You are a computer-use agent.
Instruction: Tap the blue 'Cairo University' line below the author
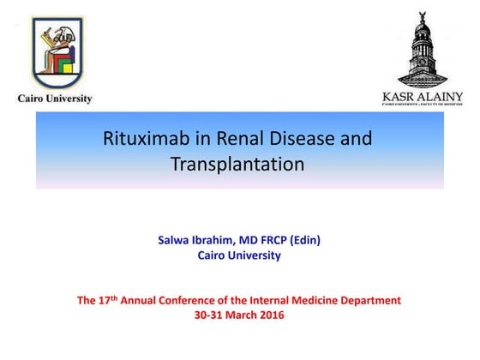coord(239,255)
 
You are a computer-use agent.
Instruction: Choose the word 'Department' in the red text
coord(372,301)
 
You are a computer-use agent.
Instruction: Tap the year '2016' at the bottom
coord(269,315)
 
